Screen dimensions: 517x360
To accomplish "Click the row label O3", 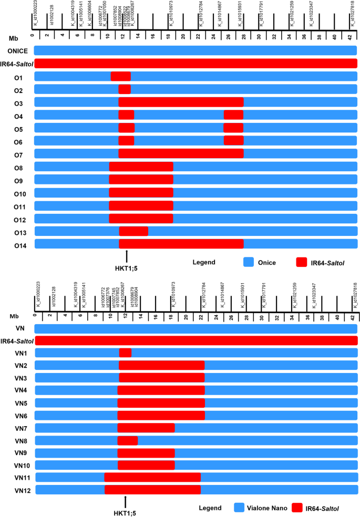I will [x=18, y=102].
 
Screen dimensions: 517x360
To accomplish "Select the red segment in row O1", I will [x=120, y=77].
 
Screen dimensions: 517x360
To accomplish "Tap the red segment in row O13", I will [x=133, y=231].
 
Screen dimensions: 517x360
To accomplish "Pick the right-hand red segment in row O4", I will [x=233, y=115].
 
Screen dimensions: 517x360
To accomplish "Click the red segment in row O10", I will [x=141, y=192].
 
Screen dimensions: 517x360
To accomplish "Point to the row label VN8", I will [x=21, y=440].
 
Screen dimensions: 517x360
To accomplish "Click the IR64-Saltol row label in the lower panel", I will [x=17, y=340].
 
